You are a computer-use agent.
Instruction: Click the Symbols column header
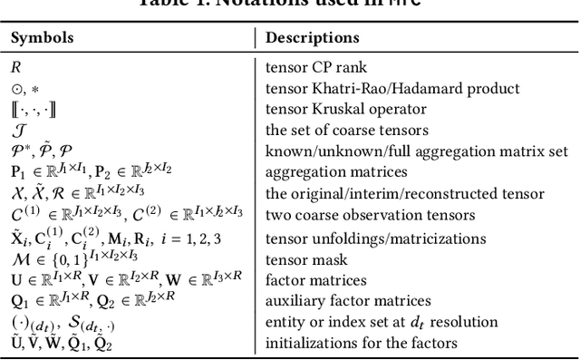coord(43,38)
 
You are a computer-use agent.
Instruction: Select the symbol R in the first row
coord(15,67)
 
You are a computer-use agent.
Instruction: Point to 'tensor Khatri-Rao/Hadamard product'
coord(392,88)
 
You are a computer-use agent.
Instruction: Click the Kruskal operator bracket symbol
coord(33,109)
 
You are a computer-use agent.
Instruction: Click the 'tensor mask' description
coord(303,260)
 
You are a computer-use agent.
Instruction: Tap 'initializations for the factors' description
coord(362,344)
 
